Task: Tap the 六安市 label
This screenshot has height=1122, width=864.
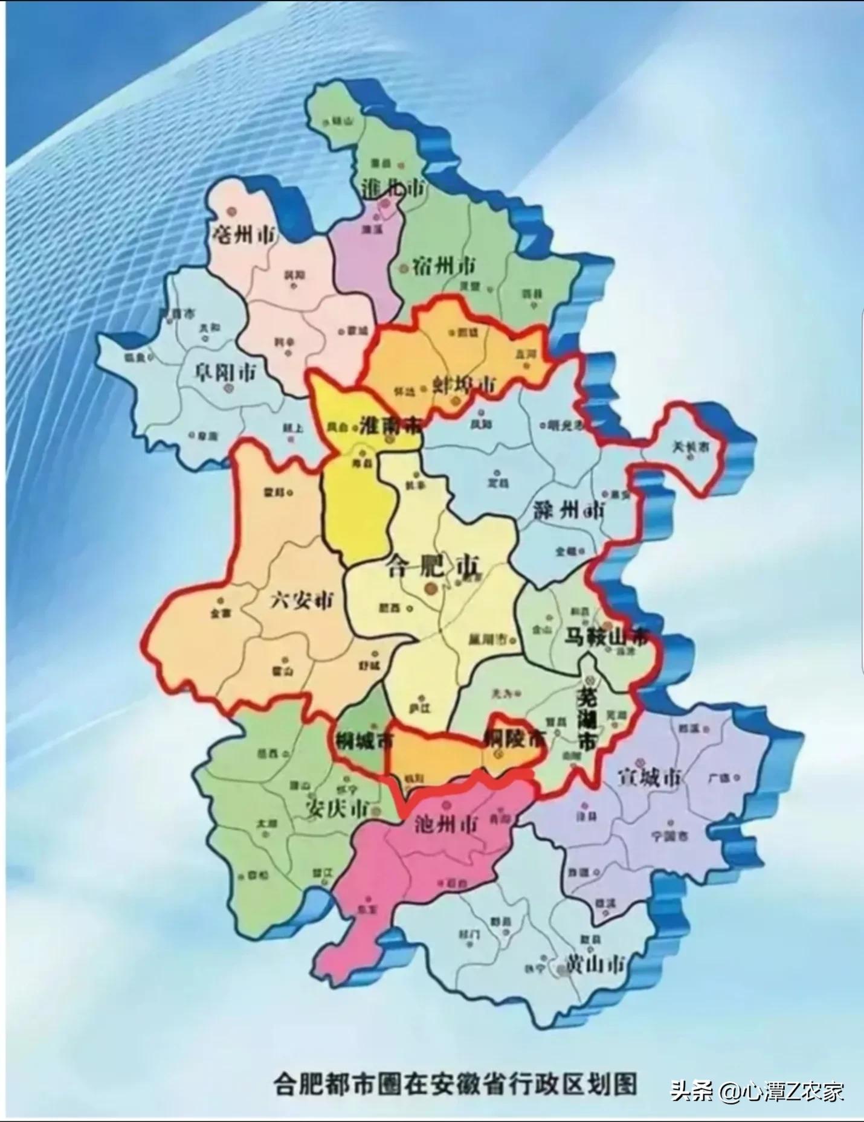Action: (302, 600)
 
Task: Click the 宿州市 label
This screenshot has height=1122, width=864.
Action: (444, 266)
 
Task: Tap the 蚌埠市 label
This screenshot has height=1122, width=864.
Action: (464, 384)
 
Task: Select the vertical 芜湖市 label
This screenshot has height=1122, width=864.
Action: (587, 721)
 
